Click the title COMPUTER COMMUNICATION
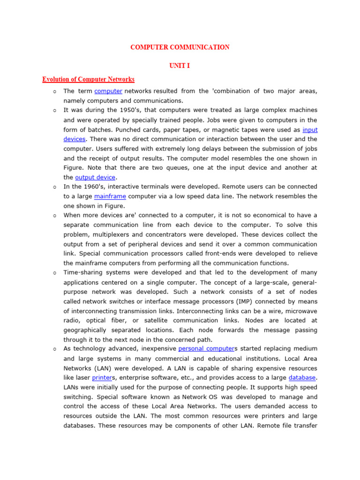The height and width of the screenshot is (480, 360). click(x=180, y=47)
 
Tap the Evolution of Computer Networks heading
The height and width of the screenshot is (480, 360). click(x=89, y=79)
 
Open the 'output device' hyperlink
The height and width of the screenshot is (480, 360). click(x=95, y=177)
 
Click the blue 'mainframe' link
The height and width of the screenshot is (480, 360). click(x=110, y=196)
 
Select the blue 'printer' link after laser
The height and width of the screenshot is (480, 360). click(x=102, y=377)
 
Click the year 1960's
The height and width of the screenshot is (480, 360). click(x=91, y=187)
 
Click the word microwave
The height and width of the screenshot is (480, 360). click(x=301, y=310)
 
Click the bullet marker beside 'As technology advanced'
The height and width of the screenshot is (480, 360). click(x=55, y=349)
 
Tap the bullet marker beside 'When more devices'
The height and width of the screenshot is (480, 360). click(x=55, y=215)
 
